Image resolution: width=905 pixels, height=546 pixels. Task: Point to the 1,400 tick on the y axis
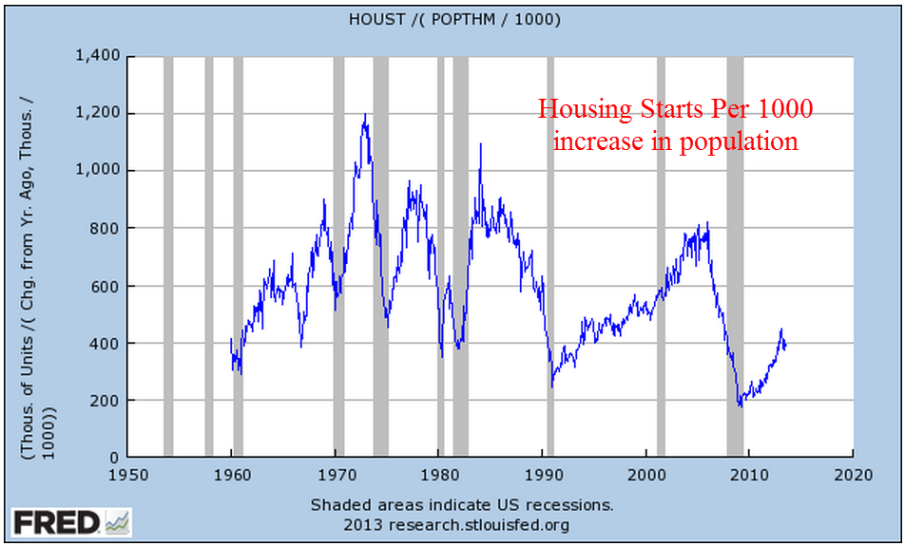click(97, 56)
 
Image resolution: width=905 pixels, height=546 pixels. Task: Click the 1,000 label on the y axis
click(97, 171)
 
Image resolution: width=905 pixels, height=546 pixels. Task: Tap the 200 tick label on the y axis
click(106, 401)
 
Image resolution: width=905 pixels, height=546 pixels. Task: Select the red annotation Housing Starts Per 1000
click(675, 110)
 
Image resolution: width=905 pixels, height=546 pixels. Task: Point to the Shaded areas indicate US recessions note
click(462, 504)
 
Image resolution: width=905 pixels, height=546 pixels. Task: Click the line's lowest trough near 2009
click(741, 405)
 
